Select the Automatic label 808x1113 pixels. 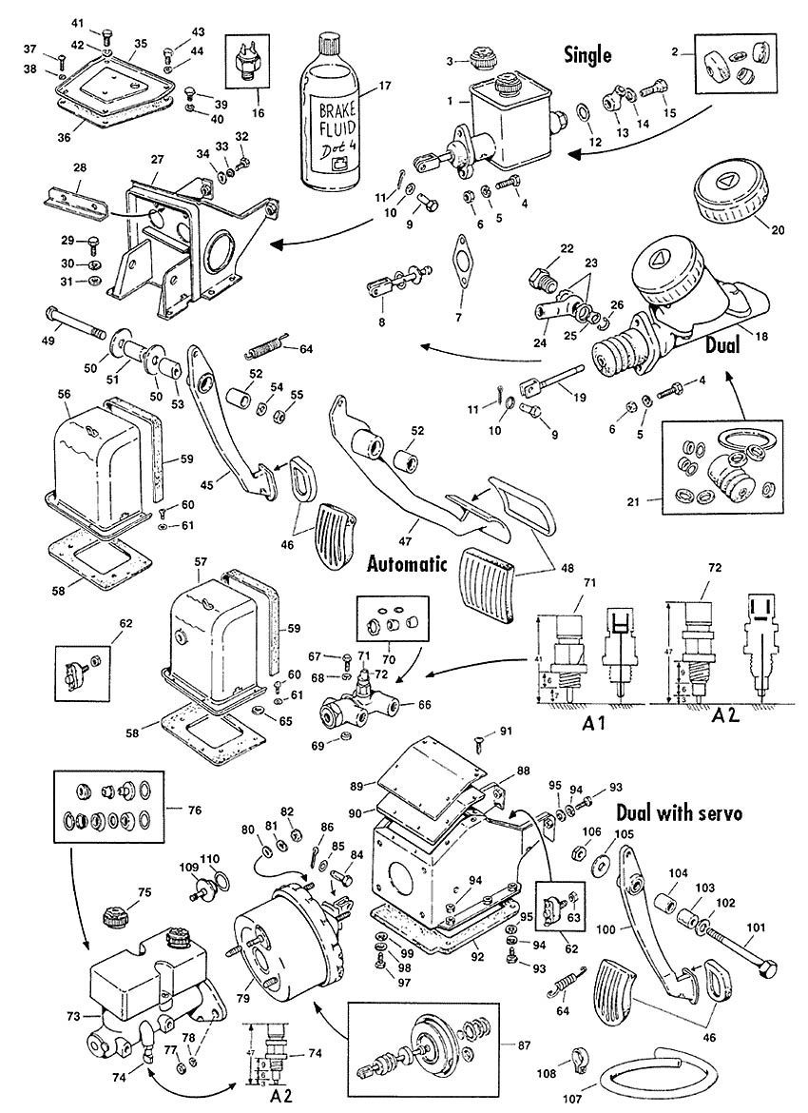click(x=407, y=563)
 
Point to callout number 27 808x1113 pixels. click(x=156, y=160)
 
